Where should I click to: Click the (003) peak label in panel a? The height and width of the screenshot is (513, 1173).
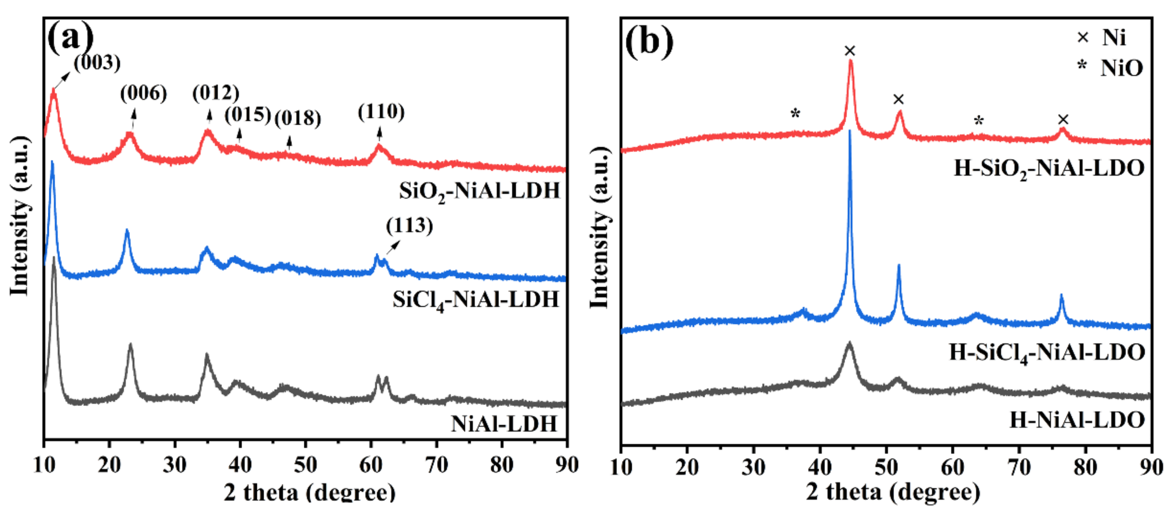click(x=97, y=63)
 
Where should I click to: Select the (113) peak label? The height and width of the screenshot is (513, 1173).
click(x=409, y=226)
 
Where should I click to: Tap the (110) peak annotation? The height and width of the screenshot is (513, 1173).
click(x=381, y=112)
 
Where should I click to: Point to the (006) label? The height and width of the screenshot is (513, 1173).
click(x=143, y=94)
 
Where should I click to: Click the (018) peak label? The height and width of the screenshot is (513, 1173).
click(x=298, y=119)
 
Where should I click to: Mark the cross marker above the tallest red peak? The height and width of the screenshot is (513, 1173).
click(x=850, y=51)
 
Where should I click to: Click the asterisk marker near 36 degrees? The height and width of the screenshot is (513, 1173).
click(x=795, y=113)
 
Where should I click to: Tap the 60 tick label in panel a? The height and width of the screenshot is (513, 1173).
click(x=371, y=465)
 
